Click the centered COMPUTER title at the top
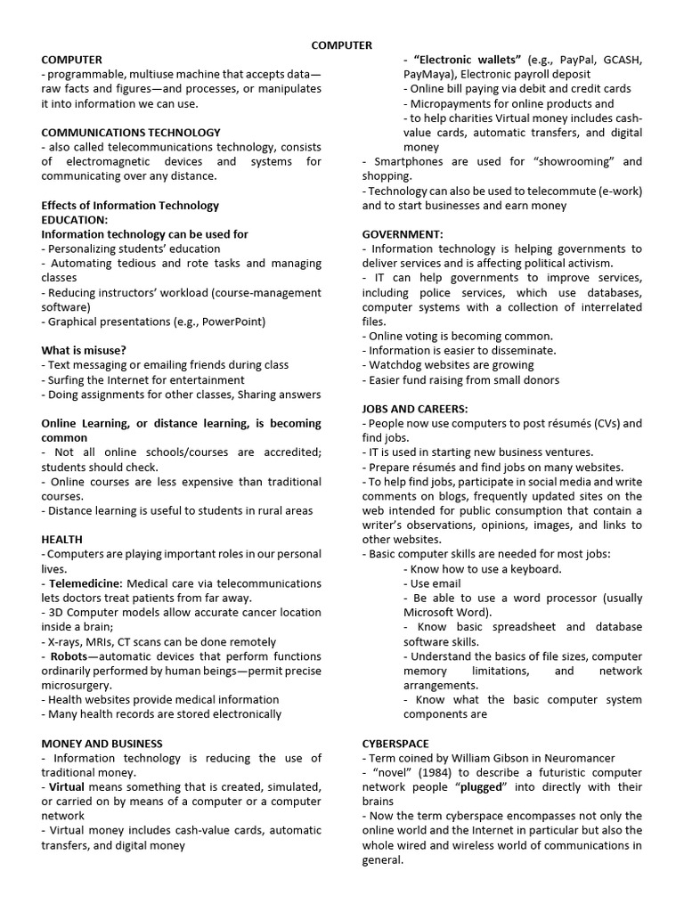(x=342, y=45)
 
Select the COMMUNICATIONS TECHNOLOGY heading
(x=131, y=132)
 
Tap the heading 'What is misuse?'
(x=84, y=350)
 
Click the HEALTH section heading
(x=62, y=539)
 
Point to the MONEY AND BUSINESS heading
(x=102, y=742)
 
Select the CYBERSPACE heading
(x=395, y=742)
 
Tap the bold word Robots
(x=69, y=655)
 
